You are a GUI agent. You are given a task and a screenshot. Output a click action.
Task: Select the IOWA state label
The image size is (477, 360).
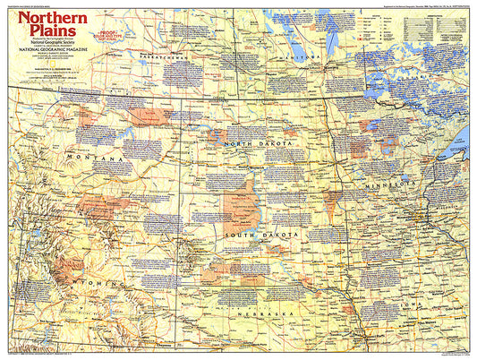pyautogui.click(x=413, y=301)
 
